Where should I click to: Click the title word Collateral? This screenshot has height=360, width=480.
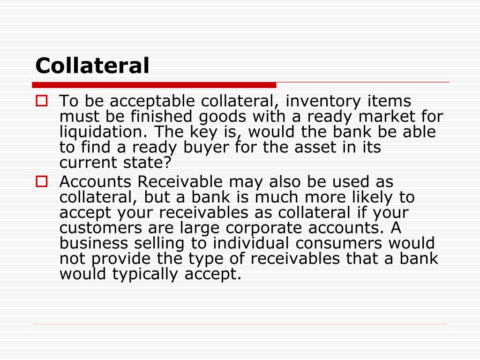coord(92,66)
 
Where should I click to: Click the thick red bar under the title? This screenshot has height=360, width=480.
coord(154,85)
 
